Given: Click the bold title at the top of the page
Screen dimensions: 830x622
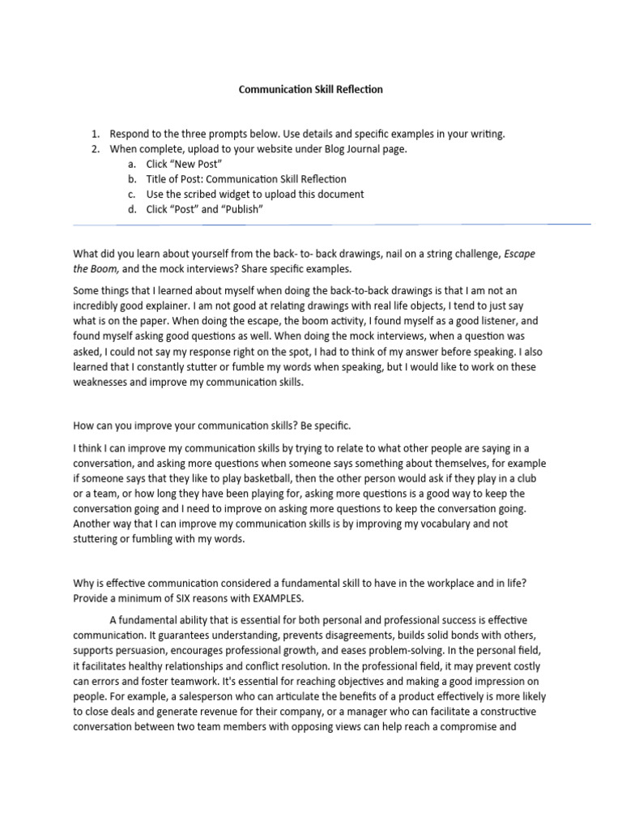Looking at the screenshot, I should coord(310,90).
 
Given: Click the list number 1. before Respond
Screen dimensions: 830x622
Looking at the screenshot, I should coord(95,135).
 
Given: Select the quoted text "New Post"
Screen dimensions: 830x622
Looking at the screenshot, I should coord(194,165).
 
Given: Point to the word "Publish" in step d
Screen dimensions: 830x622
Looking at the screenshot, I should coord(241,209).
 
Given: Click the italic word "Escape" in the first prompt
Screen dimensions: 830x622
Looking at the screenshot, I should coord(519,254).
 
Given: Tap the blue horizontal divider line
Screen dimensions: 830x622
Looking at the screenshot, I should coord(332,224).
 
